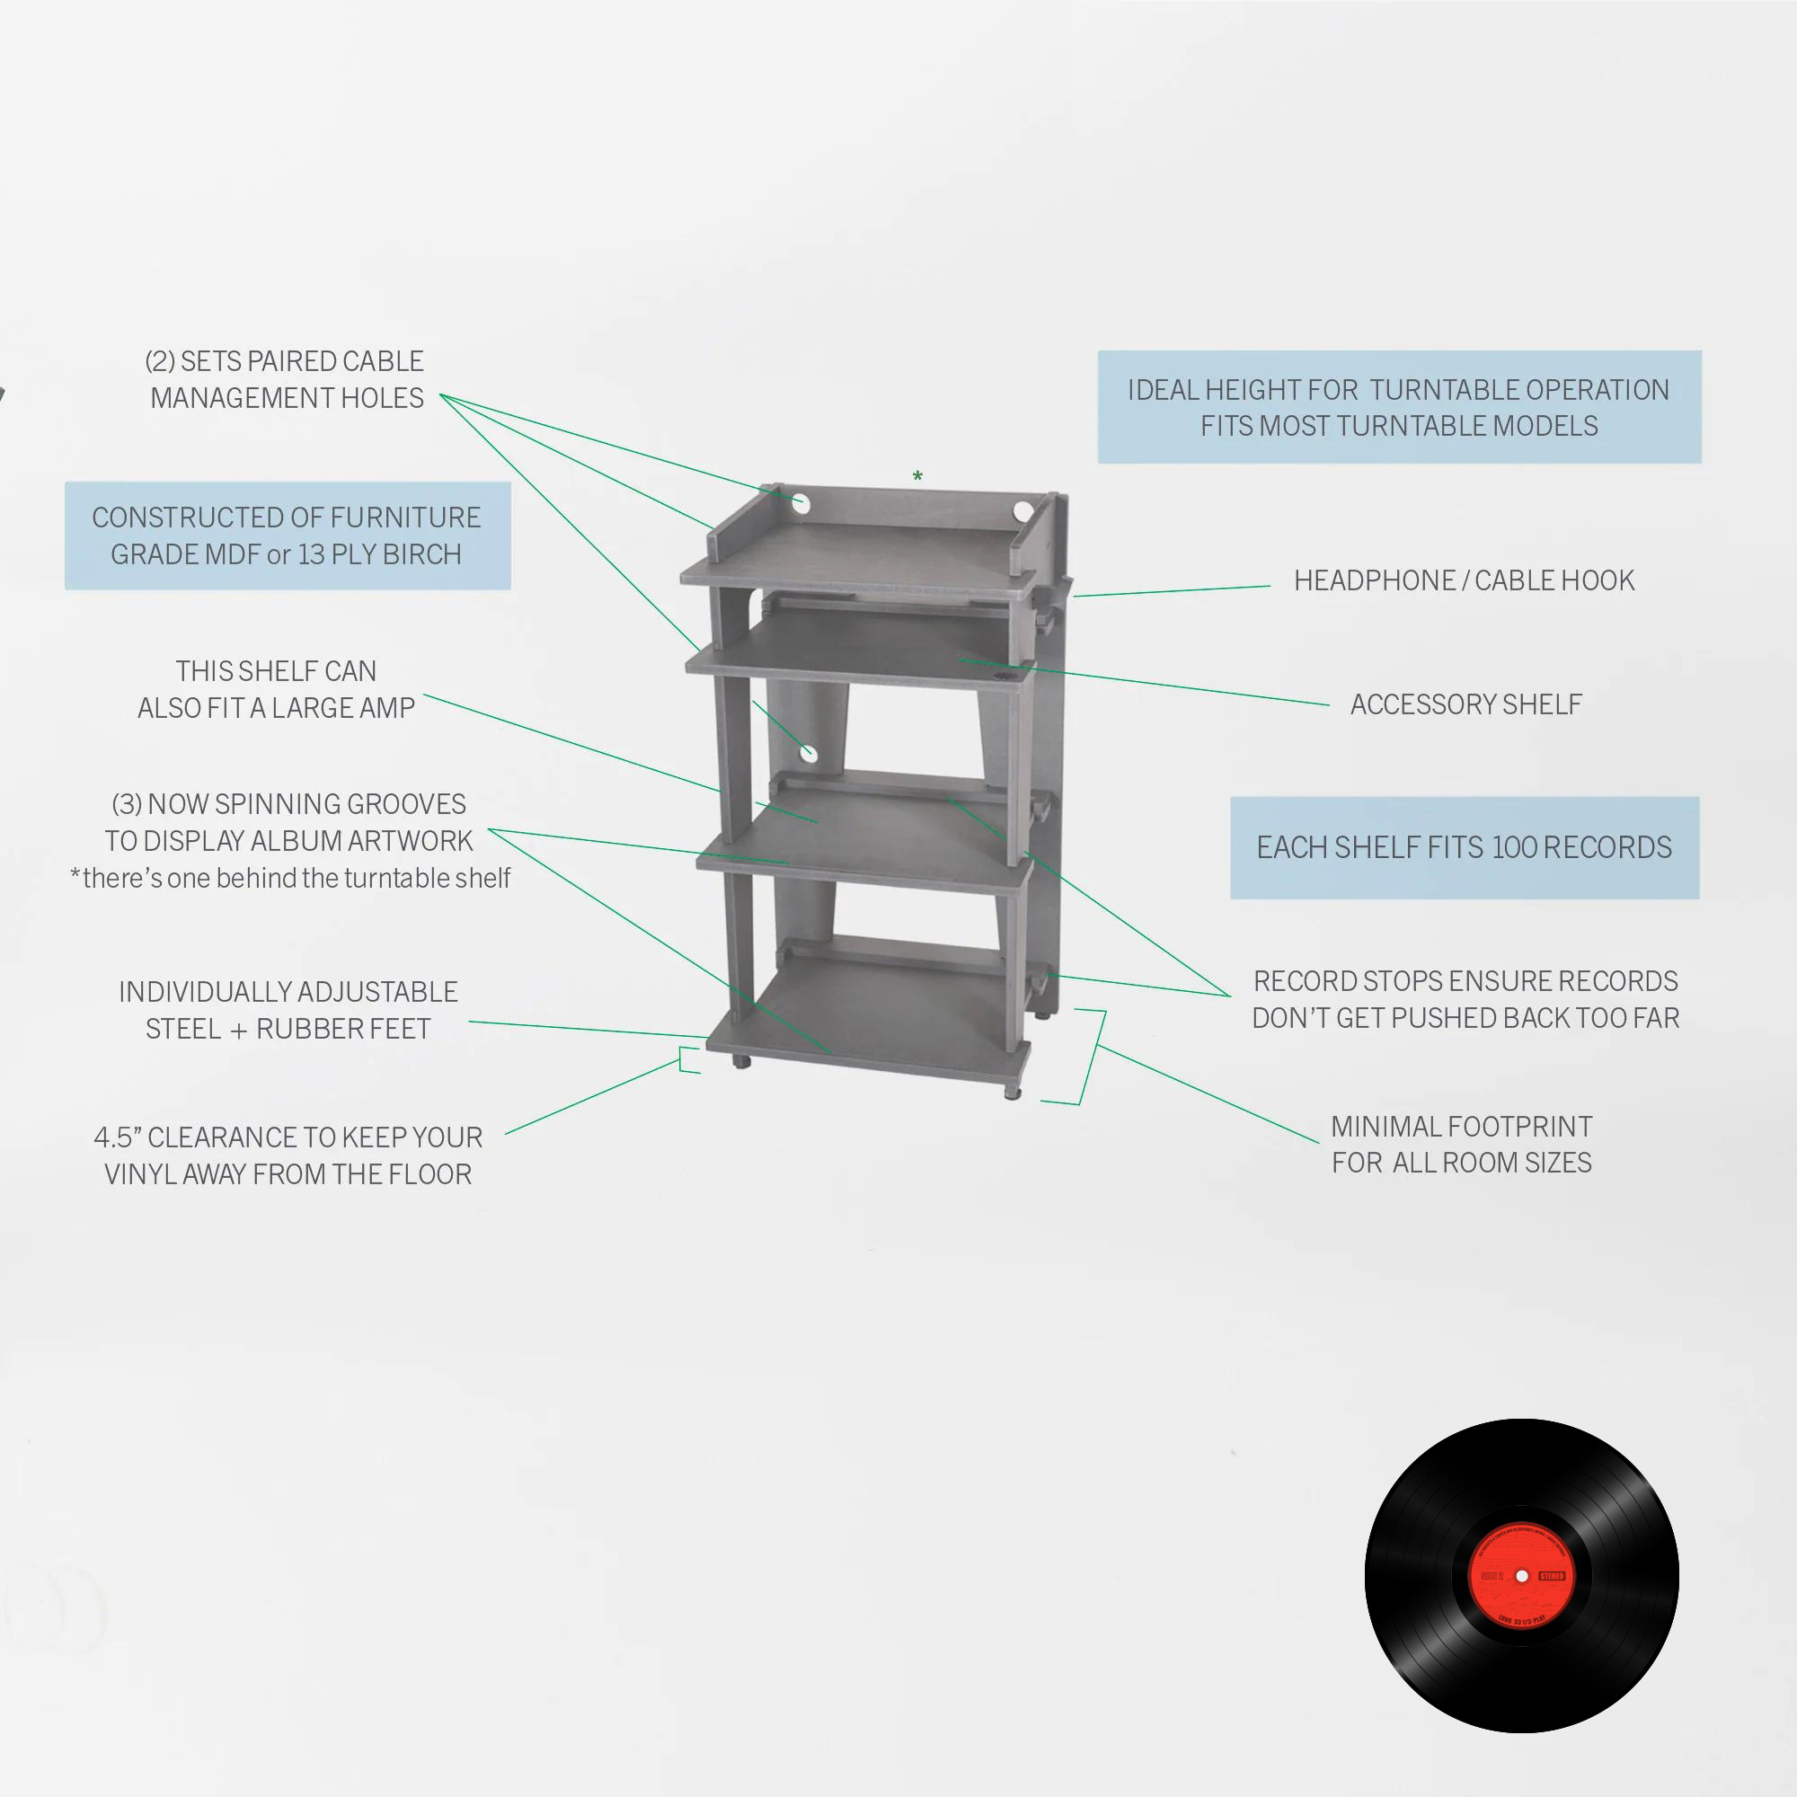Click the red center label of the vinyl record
pos(1522,1576)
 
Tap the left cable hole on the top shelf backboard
pos(801,505)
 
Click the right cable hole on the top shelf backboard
pos(1022,510)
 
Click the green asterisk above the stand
pos(917,477)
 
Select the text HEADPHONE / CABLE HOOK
pos(1463,580)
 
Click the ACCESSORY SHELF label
pos(1465,704)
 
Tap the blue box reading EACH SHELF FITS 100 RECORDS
pos(1464,847)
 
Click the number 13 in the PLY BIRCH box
pos(312,554)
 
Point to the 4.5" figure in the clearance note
pos(117,1138)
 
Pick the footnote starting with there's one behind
pos(290,878)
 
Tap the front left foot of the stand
pos(740,1061)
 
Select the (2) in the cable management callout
pos(159,361)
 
